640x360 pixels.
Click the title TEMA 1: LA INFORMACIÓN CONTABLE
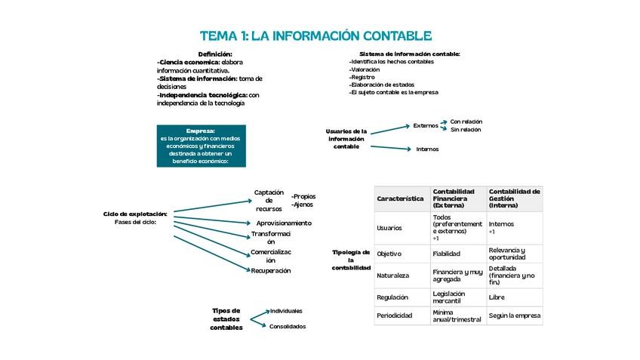[x=315, y=36]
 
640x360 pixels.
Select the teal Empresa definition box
[x=201, y=146]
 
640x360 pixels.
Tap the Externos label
[x=425, y=125]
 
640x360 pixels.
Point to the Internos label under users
[x=427, y=149]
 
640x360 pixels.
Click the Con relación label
[x=466, y=121]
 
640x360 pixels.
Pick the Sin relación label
[x=465, y=130]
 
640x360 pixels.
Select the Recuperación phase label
[x=270, y=270]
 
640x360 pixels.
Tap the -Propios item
[x=303, y=195]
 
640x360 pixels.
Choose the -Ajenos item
[x=302, y=204]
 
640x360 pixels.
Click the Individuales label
[x=286, y=310]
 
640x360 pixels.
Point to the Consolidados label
[x=288, y=326]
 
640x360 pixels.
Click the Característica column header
[x=400, y=198]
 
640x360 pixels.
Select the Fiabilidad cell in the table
[x=446, y=254]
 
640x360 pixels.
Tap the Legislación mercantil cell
[x=449, y=297]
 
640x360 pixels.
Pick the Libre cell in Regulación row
[x=497, y=297]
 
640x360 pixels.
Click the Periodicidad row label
[x=394, y=315]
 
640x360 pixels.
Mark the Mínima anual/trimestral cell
[x=457, y=315]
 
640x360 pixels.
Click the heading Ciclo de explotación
[x=135, y=214]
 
